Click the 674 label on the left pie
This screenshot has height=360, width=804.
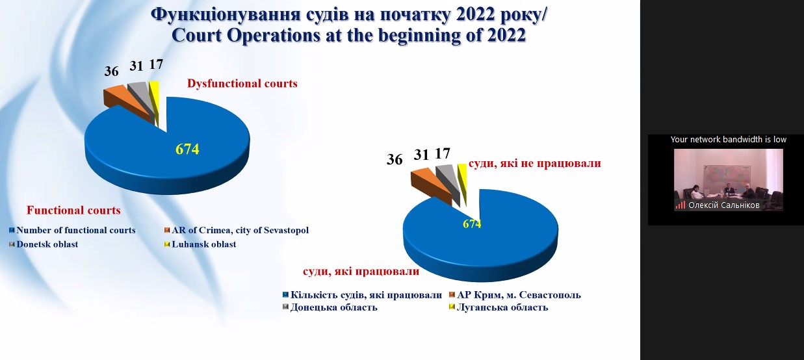pos(187,149)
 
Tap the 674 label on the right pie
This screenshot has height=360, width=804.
pos(472,224)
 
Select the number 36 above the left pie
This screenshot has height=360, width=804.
pos(111,71)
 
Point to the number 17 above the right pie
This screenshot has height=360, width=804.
pos(442,153)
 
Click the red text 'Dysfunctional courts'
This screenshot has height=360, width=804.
pos(242,84)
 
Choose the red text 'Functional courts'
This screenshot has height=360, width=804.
pos(73,210)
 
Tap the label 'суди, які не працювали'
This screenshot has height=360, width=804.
pos(534,163)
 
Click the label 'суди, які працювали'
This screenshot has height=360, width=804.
pos(361,271)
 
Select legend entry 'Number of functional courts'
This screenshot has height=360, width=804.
pos(72,230)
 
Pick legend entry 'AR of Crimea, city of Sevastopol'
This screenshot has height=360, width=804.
pos(237,230)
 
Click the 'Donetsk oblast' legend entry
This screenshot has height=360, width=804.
pos(44,244)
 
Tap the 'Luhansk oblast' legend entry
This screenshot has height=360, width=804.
pos(200,244)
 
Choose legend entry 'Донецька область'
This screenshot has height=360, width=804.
pos(330,307)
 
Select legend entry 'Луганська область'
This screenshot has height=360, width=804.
pos(499,307)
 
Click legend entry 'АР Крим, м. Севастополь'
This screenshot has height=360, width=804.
pos(515,294)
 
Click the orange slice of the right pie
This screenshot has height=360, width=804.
pos(430,184)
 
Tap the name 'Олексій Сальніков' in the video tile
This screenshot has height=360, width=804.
pos(723,205)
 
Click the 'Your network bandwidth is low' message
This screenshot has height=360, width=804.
pos(728,140)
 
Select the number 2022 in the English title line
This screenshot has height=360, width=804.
pos(506,35)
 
